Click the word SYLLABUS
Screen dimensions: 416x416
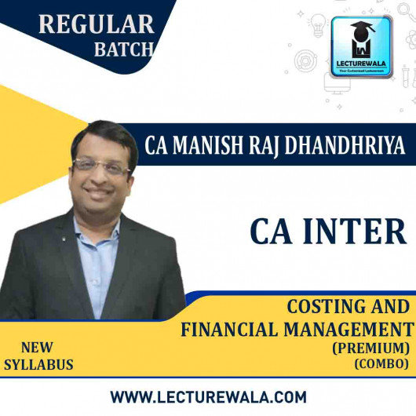tap(38, 365)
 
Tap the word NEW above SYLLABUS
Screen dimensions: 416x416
tap(38, 346)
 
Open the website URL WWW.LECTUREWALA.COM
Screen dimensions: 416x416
tap(208, 396)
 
